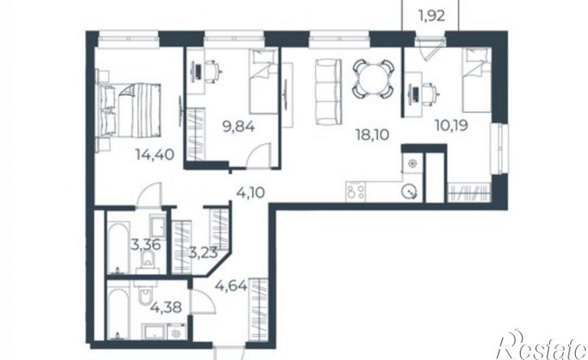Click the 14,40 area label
coord(155,154)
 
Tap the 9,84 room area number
coord(238,126)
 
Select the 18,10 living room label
coord(372,135)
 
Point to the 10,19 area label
coord(452,125)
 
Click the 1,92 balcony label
coord(431,15)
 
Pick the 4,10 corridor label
coord(251,193)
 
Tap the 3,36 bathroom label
coord(146,245)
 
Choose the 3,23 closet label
coord(203,253)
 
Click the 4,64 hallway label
coord(231,285)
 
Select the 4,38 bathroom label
coord(166,307)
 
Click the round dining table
coord(373,79)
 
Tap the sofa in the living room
coord(328,92)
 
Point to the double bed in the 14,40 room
coord(130,110)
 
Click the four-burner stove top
coord(355,191)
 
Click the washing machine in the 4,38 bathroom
coord(175,332)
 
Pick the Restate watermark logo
coord(542,345)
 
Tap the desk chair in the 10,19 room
coord(429,92)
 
